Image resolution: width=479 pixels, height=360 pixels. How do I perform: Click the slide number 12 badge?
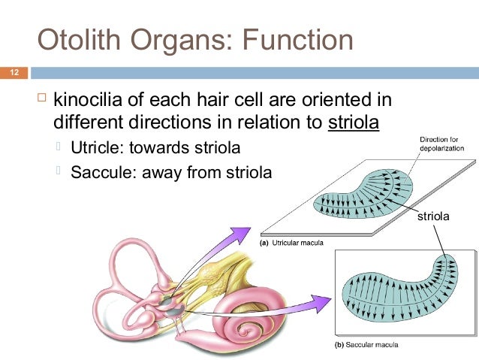point(14,74)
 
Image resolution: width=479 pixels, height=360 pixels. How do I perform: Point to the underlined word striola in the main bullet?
point(354,122)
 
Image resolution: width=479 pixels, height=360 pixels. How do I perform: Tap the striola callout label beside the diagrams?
point(433,217)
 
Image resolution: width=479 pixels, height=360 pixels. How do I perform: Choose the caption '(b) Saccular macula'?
point(365,345)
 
